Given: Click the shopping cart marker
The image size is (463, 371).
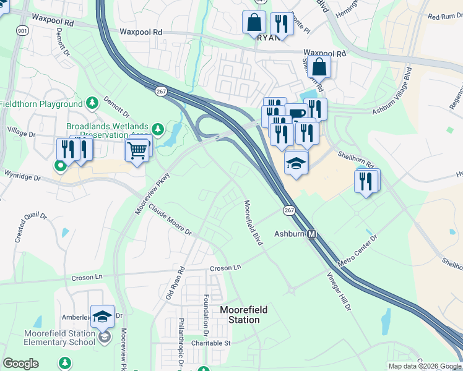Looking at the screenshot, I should point(137,149).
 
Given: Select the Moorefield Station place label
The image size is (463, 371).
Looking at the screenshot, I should point(240,314).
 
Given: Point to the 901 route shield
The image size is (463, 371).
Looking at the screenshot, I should point(22,30).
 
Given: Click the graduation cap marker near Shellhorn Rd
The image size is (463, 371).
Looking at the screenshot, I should point(296,164).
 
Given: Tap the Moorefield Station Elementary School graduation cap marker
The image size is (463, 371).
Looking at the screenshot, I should point(102,317).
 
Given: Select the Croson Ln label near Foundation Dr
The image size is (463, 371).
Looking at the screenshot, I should point(225,268).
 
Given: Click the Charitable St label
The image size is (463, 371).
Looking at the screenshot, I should point(210,343).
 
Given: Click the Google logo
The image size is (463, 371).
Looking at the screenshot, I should point(20,364).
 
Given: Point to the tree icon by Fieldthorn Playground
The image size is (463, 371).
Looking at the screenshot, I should point(92,102).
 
